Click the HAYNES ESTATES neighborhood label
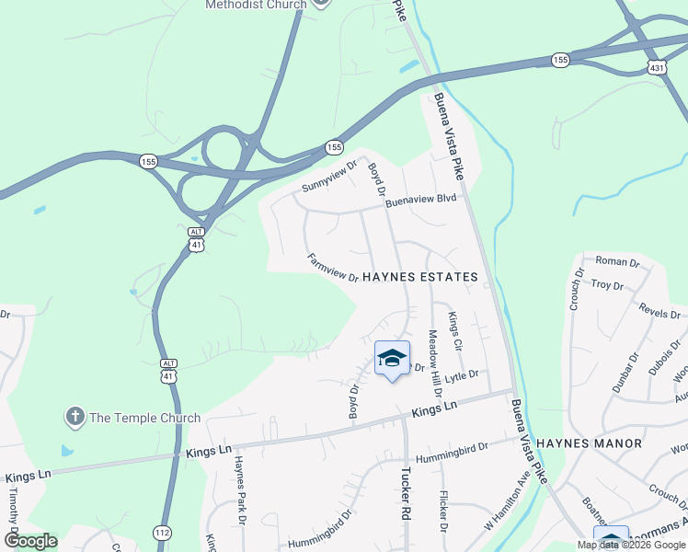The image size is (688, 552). coord(420,277)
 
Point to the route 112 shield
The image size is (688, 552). coord(162,533)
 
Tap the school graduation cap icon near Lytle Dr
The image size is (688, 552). coord(392,359)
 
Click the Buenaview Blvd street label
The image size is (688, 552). coord(420,198)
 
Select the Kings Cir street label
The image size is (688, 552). coord(453,330)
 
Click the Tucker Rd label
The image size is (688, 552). coord(404,495)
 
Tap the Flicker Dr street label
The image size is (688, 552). coord(443,511)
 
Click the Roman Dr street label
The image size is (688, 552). coord(617,262)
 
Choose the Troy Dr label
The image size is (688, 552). coord(607,285)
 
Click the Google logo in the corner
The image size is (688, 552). coord(31,541)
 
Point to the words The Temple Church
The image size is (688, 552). coord(144,418)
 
